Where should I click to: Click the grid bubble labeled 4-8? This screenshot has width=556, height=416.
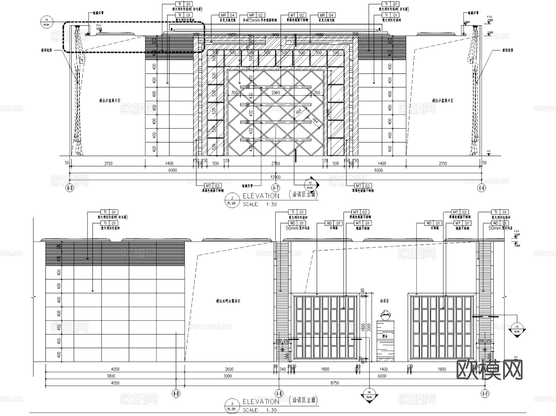click(70, 188)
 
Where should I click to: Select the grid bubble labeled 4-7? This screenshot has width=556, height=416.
click(276, 187)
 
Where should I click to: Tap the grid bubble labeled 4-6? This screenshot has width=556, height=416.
click(481, 187)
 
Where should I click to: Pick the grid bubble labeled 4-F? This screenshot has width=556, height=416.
click(485, 393)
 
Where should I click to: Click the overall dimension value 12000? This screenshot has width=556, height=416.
click(276, 177)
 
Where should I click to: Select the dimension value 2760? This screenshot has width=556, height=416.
click(276, 163)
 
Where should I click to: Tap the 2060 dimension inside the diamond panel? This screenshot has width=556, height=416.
click(276, 93)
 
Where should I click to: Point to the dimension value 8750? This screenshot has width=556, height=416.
click(335, 383)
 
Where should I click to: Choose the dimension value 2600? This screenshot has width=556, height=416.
click(229, 369)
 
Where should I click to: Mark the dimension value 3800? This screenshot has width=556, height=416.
click(111, 376)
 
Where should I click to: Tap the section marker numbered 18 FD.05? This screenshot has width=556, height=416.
click(369, 395)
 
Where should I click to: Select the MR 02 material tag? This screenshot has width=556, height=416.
click(256, 15)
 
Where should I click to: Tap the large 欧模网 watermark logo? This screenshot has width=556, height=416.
click(489, 370)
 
